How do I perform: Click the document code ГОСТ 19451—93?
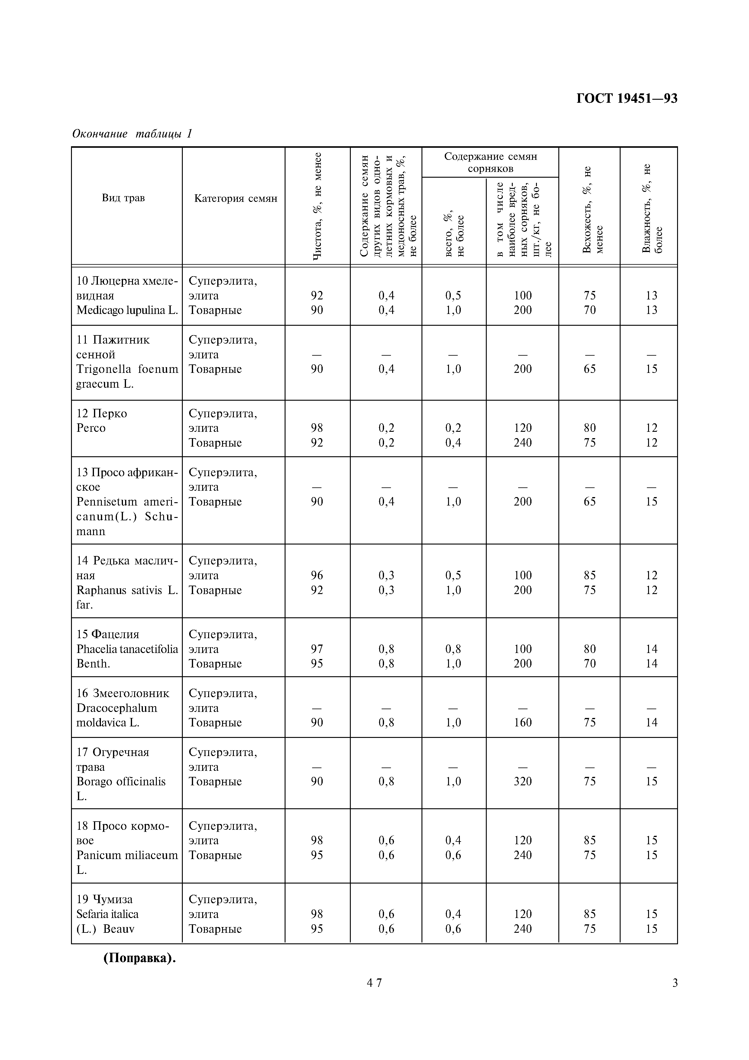coord(627,98)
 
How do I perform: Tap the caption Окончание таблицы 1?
coord(132,134)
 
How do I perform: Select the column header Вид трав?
coord(123,198)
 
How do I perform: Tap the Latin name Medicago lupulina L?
coord(127,310)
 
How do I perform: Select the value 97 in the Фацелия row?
coord(317,649)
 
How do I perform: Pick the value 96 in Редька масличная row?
coord(317,575)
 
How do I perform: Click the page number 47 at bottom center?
coord(374,996)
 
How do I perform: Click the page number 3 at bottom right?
coord(675,996)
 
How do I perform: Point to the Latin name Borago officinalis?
coord(121,782)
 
